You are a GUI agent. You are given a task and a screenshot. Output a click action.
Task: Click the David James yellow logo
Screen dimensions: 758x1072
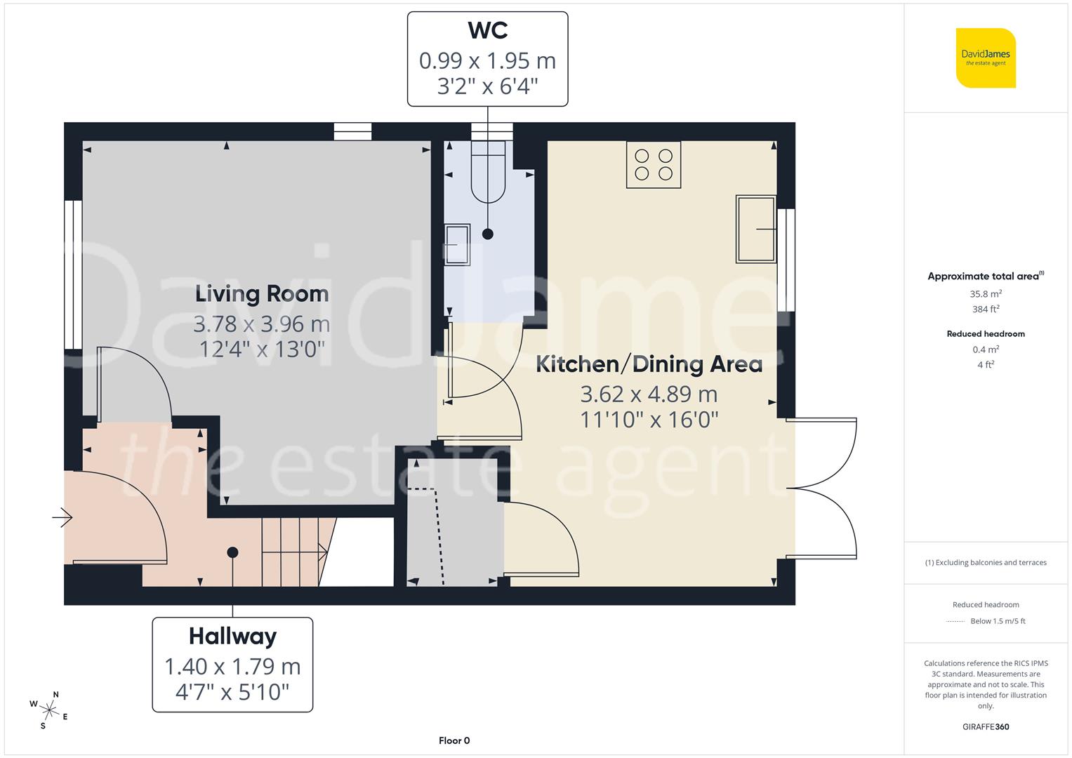(x=986, y=58)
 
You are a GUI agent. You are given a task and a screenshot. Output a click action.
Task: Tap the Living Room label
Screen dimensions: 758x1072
(x=262, y=293)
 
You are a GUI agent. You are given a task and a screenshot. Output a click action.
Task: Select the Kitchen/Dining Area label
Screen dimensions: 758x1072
(x=649, y=364)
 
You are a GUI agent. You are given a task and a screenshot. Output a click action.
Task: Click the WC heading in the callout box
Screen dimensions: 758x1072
(x=487, y=30)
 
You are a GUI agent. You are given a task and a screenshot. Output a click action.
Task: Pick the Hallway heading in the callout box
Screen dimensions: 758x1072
(x=232, y=636)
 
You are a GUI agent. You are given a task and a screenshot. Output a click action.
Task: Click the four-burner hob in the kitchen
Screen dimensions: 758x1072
(x=654, y=165)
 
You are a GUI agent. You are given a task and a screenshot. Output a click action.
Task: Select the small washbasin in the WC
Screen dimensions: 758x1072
(x=458, y=245)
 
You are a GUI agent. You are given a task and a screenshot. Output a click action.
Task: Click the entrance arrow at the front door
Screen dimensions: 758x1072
(x=62, y=518)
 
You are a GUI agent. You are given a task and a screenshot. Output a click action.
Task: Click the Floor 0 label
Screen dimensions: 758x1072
(x=454, y=740)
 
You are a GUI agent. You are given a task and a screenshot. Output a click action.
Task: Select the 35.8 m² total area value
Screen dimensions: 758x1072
(x=986, y=294)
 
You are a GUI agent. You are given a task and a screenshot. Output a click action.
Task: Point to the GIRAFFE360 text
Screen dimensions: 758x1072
(x=986, y=726)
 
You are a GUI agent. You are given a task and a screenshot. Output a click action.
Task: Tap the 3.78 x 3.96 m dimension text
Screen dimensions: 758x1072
(x=262, y=324)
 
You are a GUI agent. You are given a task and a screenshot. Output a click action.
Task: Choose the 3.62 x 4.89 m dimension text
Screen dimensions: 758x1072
(x=649, y=394)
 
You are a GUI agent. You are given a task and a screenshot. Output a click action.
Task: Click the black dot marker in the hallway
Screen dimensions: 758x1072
(x=232, y=552)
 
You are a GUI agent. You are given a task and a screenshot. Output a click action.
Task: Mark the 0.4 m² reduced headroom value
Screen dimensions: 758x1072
(x=986, y=350)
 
